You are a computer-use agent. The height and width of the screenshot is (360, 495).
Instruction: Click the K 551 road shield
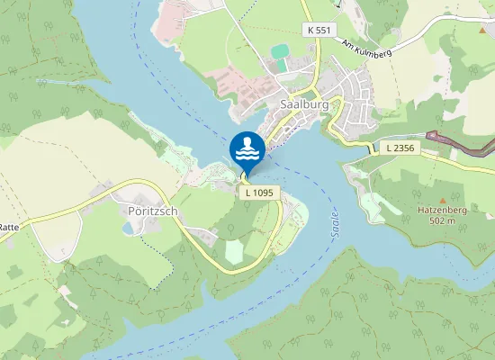point(319,29)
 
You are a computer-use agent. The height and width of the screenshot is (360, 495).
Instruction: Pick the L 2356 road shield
point(399,147)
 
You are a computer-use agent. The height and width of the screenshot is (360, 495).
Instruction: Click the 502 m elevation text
point(442,220)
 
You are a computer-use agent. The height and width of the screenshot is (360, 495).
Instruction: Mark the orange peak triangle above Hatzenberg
point(441,199)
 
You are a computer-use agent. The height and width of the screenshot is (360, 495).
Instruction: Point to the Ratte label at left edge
point(9,228)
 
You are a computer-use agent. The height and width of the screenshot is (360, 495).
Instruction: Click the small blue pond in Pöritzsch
point(127,228)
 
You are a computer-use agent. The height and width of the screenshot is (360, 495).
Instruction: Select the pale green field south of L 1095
point(233,251)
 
